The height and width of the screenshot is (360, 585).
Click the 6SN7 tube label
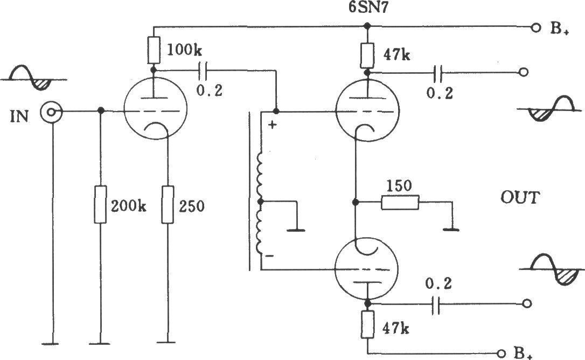point(367,8)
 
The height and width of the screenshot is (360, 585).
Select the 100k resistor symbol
point(154,50)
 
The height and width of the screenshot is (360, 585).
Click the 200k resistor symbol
point(100,204)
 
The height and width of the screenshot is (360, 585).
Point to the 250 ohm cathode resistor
point(168,204)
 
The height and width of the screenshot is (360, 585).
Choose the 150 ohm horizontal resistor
point(400,203)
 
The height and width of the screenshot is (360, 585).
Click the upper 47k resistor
point(367,55)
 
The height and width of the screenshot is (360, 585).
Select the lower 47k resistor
point(367,324)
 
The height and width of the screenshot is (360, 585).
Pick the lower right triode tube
point(366,269)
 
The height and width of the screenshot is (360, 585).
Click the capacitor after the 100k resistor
point(203,71)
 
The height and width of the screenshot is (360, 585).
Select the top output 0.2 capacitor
point(438,73)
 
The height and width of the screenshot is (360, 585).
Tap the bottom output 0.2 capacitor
point(435,305)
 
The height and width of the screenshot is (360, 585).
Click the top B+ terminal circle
point(535,27)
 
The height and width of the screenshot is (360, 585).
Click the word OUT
point(520,197)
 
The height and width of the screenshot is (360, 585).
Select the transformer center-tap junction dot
point(260,202)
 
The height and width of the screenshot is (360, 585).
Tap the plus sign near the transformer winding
point(273,124)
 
